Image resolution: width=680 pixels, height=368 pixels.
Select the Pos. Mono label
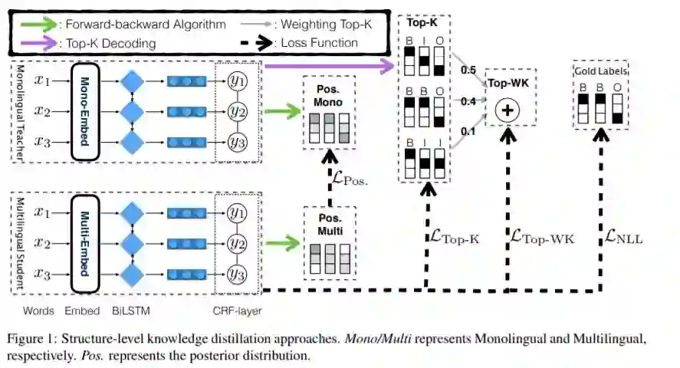click(328, 95)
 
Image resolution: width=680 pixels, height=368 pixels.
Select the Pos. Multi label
click(328, 224)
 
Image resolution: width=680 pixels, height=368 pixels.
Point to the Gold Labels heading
click(600, 71)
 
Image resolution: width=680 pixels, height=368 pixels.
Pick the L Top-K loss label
click(452, 238)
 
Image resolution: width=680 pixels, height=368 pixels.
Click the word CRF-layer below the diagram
click(235, 311)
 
